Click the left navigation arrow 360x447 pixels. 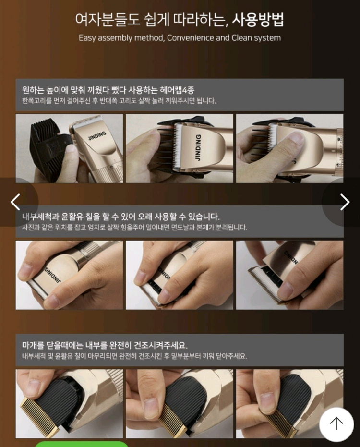pyautogui.click(x=16, y=202)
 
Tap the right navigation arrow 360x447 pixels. pyautogui.click(x=345, y=202)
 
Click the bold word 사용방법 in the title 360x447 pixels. pyautogui.click(x=258, y=20)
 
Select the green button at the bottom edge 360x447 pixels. pyautogui.click(x=82, y=444)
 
